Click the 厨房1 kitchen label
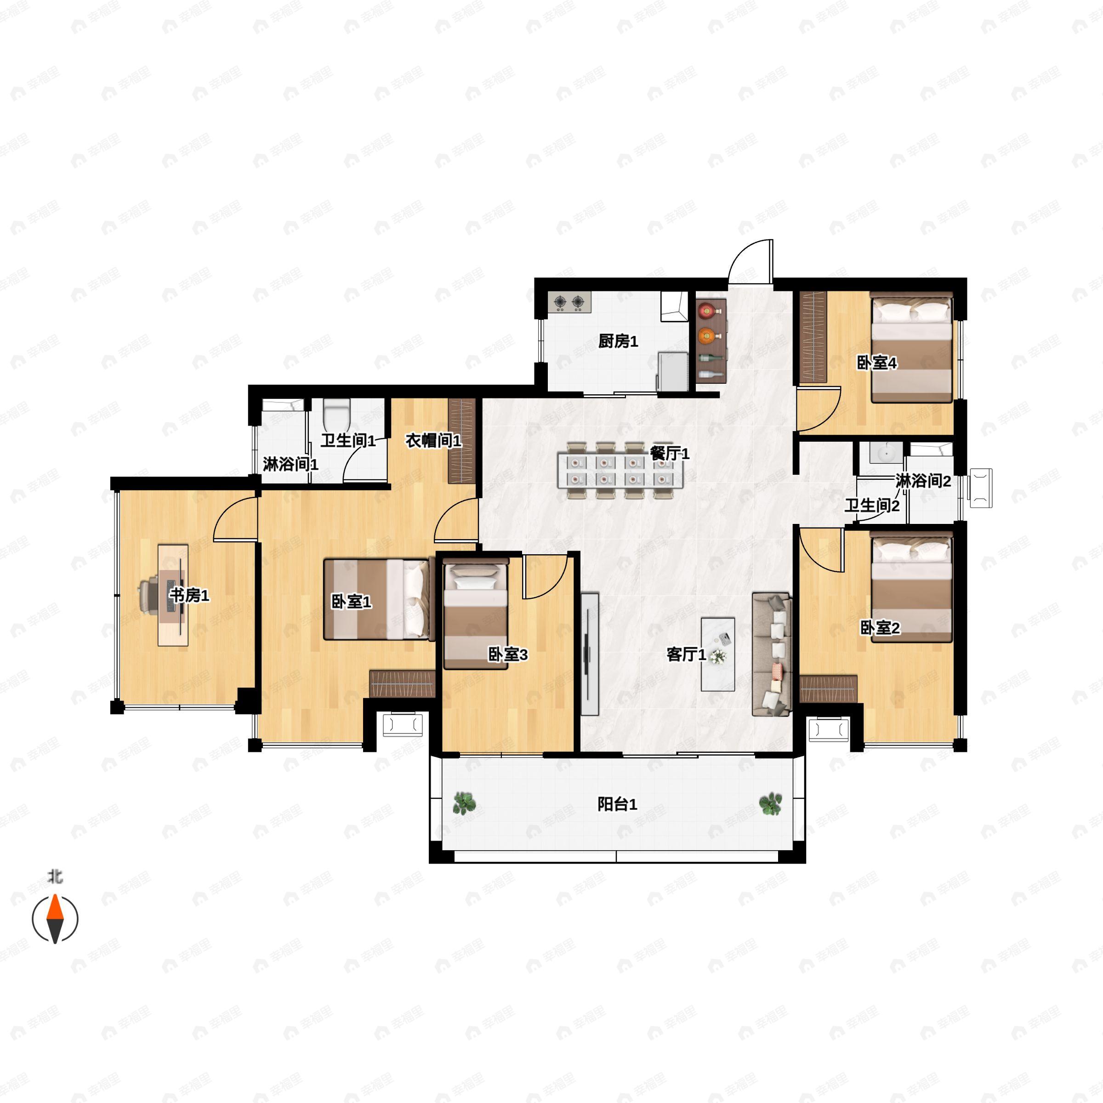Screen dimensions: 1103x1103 pos(618,341)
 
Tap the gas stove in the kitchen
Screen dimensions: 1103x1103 pos(570,302)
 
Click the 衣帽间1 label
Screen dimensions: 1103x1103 pos(433,441)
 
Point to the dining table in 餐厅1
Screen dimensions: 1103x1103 pos(620,470)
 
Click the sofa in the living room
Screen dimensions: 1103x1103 pos(772,654)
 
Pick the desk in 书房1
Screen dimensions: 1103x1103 pos(173,595)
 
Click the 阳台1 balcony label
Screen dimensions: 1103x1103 pos(617,804)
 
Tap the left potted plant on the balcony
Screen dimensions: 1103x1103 pos(464,803)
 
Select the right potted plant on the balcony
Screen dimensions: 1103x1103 pos(771,803)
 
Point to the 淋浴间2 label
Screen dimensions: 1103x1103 pos(922,481)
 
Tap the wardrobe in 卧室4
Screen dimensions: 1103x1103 pos(813,337)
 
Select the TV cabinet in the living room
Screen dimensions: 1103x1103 pos(590,654)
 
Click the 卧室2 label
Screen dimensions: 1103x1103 pos(880,628)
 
